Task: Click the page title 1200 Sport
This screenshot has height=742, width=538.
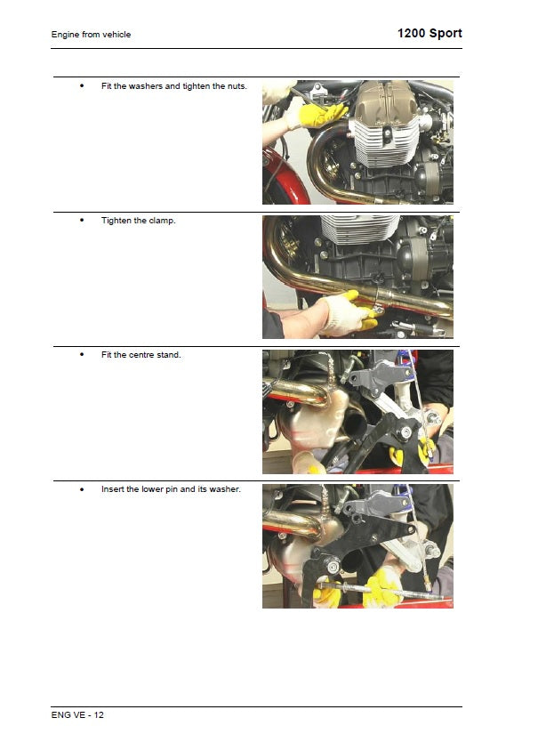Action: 430,34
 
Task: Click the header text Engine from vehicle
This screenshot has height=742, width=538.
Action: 91,35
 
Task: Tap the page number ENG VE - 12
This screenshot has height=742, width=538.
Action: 77,715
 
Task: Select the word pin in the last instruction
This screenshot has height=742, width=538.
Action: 172,489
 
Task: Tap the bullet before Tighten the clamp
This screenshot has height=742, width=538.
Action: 82,221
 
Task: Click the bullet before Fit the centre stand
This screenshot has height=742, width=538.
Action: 82,355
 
